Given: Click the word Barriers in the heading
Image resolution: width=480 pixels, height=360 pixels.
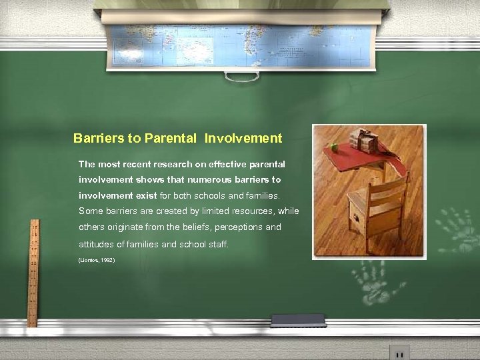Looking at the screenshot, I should pos(98,139).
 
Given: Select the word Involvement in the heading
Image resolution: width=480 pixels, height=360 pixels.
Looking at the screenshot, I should pos(243,139).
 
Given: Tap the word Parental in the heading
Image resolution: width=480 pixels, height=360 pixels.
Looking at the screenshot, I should pos(170,139).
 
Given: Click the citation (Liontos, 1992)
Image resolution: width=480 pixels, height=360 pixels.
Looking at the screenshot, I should pos(97,260).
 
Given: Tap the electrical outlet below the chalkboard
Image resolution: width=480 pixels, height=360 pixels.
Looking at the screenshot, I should pos(399,352).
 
